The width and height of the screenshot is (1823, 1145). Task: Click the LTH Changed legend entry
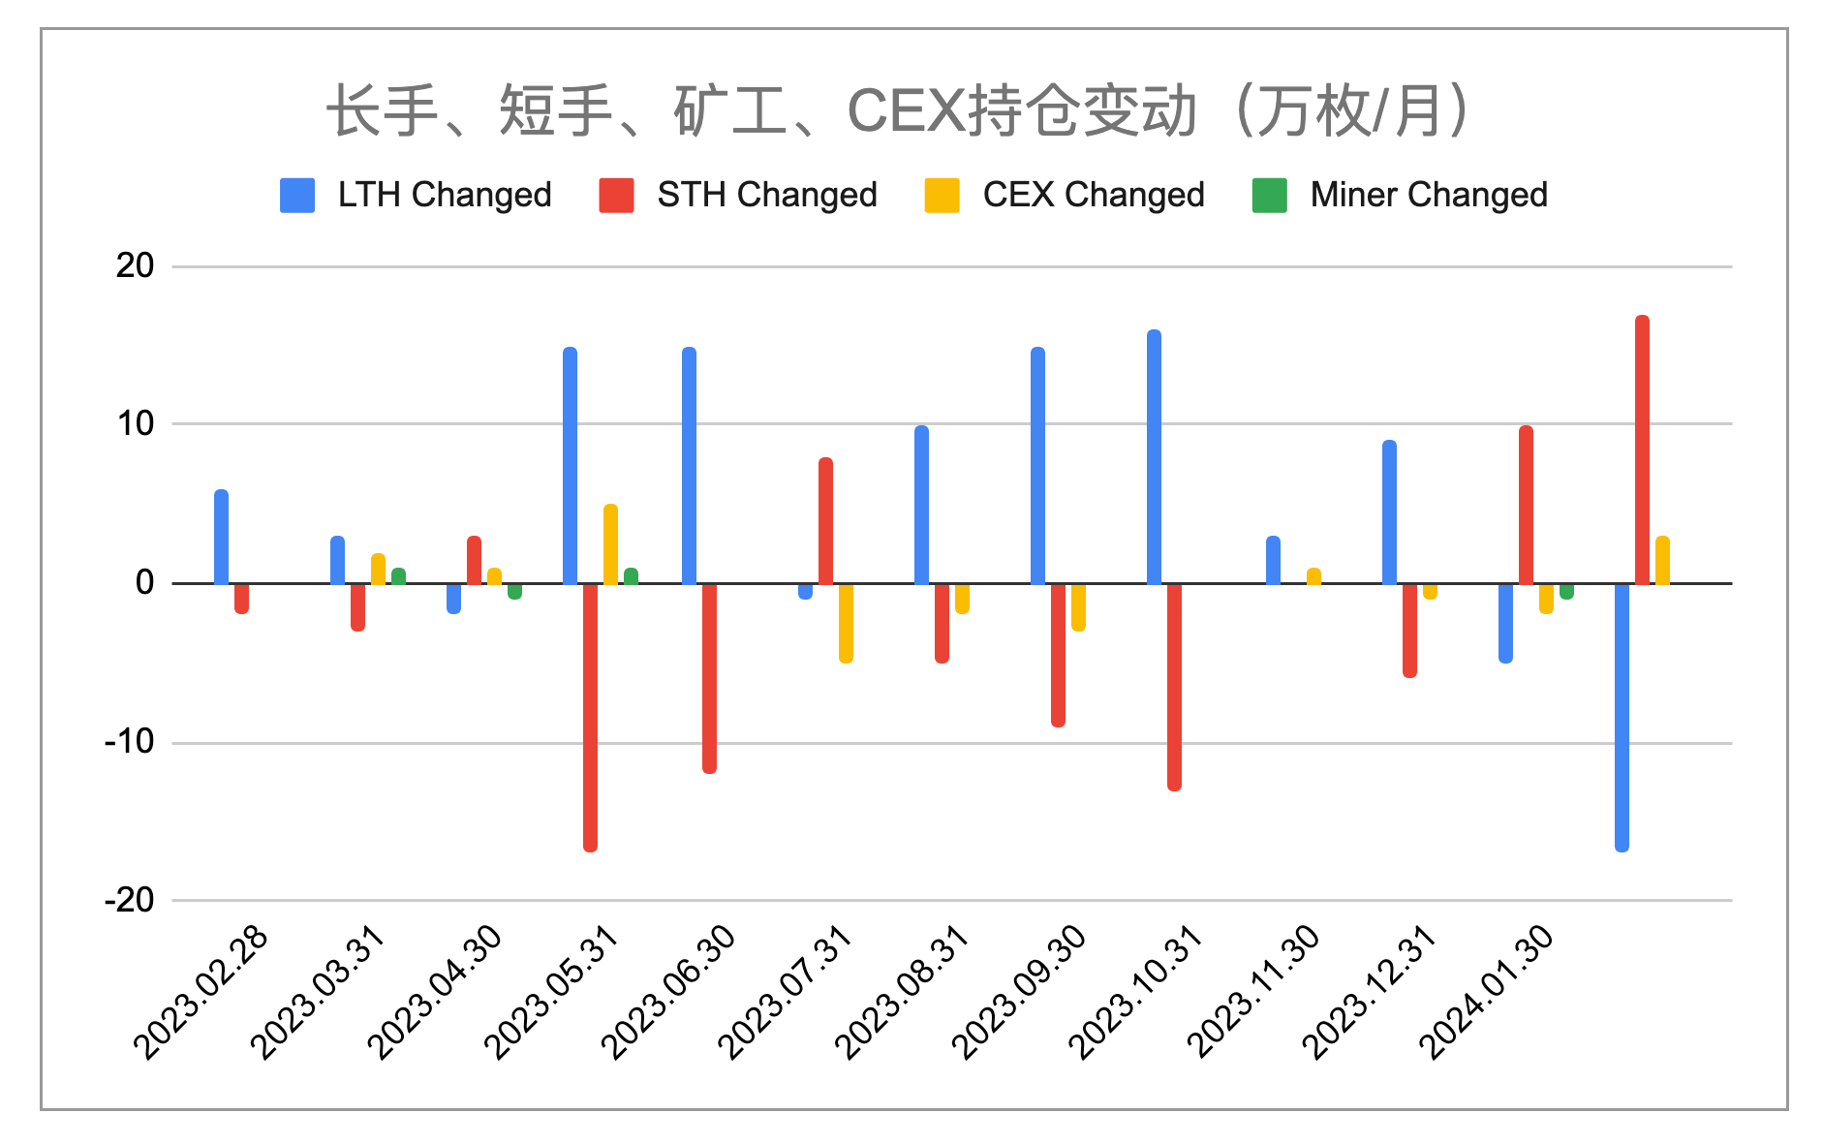point(417,195)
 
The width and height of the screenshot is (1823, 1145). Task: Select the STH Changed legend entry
point(738,195)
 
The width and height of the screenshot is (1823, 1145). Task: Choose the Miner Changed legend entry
point(1400,195)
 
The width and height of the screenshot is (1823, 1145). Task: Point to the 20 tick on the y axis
point(135,265)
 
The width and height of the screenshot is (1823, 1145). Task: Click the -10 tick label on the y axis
point(130,742)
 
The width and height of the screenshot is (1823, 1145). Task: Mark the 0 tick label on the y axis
point(144,582)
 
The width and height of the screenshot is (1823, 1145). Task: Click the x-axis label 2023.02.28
point(201,993)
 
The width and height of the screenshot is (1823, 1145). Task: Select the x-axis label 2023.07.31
point(786,993)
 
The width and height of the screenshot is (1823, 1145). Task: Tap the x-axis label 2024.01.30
point(1487,993)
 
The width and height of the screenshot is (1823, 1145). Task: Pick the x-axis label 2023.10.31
point(1136,993)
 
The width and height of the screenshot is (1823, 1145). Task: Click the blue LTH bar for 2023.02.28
point(221,537)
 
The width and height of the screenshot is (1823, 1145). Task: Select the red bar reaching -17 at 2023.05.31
point(590,717)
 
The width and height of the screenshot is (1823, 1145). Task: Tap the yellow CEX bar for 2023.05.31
point(610,544)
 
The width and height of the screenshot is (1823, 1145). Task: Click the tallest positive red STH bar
point(1642,449)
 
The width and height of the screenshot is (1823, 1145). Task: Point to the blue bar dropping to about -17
point(1622,717)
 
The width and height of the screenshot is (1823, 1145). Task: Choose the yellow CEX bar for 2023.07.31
point(846,622)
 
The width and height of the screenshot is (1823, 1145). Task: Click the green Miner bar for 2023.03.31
point(398,576)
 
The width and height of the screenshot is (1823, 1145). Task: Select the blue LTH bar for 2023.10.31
point(1154,457)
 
